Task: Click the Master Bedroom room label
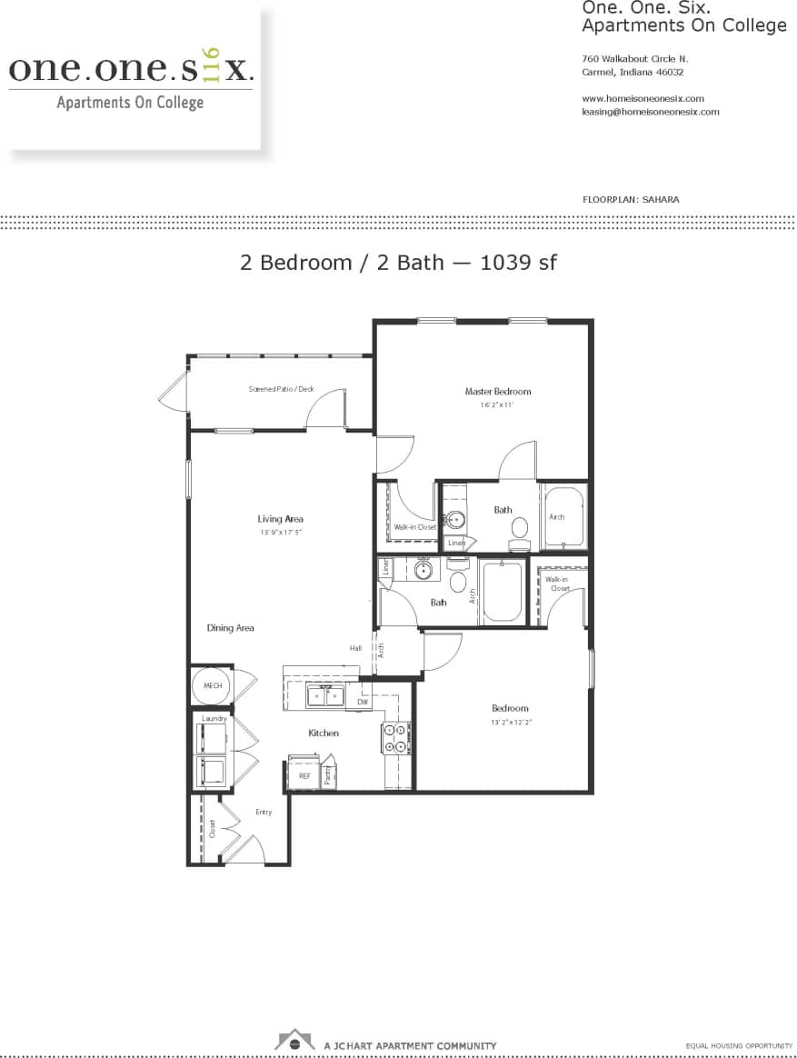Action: click(x=497, y=392)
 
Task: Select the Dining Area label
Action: click(x=230, y=628)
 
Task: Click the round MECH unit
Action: click(x=213, y=686)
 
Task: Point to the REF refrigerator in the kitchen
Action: click(x=304, y=775)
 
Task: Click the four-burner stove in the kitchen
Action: click(x=395, y=738)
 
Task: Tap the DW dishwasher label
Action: click(x=362, y=702)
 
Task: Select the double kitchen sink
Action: click(x=325, y=697)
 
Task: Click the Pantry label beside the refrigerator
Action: click(x=328, y=776)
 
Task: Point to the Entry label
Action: click(x=263, y=812)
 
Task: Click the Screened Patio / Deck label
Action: click(x=281, y=389)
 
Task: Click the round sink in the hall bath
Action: click(x=423, y=571)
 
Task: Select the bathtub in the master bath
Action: click(x=564, y=517)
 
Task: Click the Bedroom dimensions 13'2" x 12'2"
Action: click(x=510, y=723)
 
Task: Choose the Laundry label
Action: click(x=214, y=718)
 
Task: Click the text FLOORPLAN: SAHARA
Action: click(x=630, y=199)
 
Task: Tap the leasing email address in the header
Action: click(x=650, y=112)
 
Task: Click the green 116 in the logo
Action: click(x=213, y=65)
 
